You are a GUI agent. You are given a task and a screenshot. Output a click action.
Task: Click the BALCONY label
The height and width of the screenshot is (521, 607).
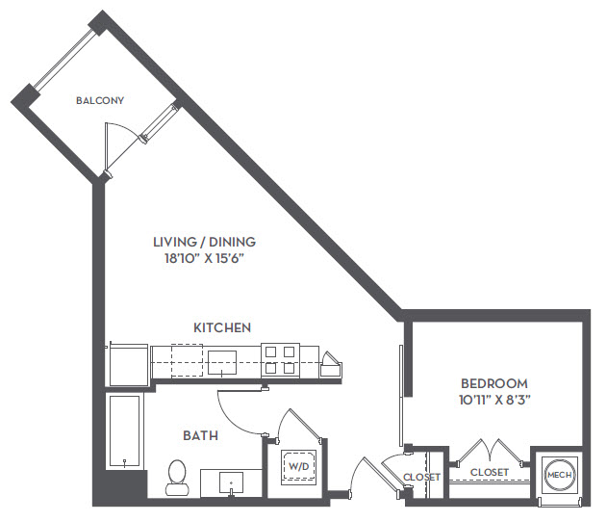click(100, 100)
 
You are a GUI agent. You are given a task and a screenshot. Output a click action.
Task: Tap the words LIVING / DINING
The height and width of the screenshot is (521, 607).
click(204, 242)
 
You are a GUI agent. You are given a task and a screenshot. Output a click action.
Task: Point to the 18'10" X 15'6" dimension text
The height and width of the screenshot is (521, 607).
click(205, 258)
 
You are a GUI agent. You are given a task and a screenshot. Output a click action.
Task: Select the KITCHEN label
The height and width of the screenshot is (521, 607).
click(222, 327)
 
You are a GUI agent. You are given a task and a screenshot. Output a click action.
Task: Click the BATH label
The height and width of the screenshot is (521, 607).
click(200, 435)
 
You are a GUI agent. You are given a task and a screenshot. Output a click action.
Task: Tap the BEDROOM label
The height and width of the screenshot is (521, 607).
click(494, 383)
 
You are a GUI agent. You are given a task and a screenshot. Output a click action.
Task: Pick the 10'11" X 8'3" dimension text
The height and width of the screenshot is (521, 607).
click(494, 400)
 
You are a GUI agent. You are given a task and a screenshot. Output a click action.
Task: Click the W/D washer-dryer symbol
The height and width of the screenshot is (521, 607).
click(298, 466)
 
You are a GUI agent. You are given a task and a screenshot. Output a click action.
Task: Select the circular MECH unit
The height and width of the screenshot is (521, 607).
click(560, 475)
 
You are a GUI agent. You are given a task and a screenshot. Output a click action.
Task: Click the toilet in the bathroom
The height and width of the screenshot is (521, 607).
click(177, 478)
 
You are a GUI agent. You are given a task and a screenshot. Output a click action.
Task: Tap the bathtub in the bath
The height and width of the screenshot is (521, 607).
click(124, 430)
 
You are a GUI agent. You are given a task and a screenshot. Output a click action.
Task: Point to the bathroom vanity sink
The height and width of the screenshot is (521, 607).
click(231, 482)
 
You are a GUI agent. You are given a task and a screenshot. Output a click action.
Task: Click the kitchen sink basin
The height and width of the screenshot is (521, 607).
click(222, 362)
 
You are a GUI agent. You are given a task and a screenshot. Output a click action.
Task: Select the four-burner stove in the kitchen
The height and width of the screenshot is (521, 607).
click(280, 360)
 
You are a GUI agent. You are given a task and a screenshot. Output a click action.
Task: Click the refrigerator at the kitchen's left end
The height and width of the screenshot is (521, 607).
click(129, 364)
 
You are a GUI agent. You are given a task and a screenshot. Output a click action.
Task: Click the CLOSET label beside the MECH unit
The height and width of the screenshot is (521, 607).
click(490, 472)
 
